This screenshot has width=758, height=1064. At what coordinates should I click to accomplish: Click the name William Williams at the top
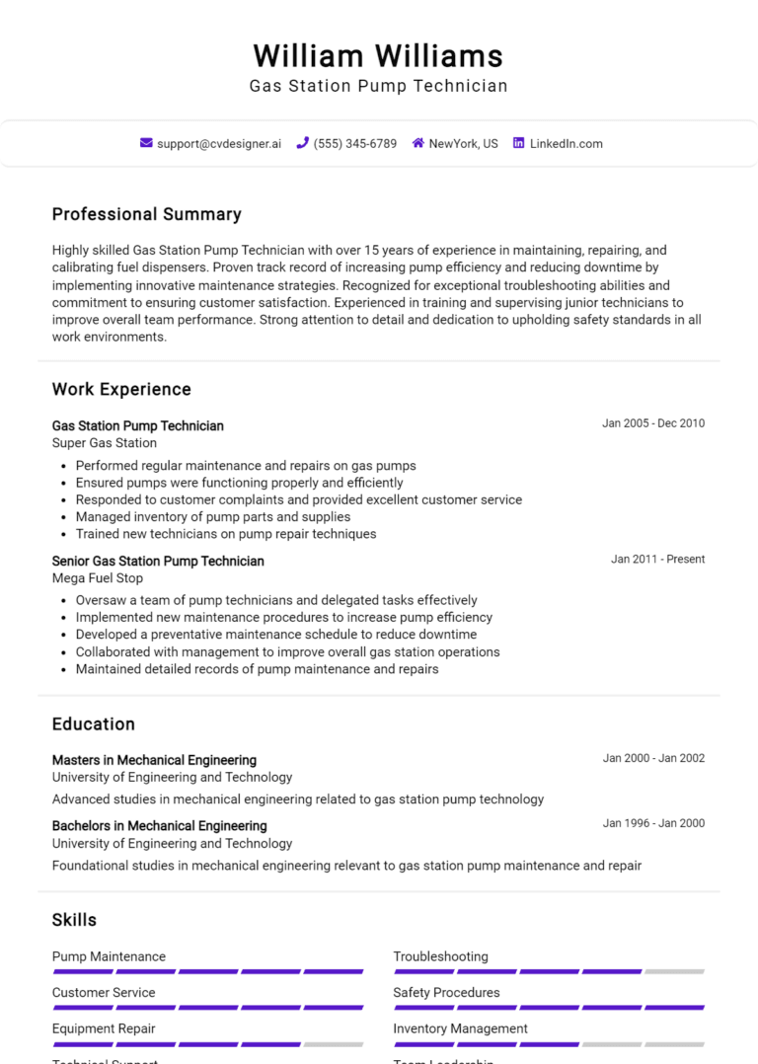click(x=378, y=55)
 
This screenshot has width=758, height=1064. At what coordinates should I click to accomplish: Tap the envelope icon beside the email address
click(x=146, y=143)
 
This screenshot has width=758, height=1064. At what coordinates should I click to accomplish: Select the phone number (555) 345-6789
click(x=354, y=143)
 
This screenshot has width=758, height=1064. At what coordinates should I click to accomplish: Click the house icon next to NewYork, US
click(x=418, y=143)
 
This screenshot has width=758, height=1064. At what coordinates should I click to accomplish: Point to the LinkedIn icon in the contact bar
click(x=518, y=143)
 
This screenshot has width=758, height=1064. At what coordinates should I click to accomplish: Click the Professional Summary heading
click(x=146, y=214)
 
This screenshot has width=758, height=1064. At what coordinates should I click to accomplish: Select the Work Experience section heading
click(x=121, y=389)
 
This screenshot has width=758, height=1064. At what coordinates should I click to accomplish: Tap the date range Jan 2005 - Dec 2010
click(x=653, y=423)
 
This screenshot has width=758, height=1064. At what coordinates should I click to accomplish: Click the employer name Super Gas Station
click(x=105, y=443)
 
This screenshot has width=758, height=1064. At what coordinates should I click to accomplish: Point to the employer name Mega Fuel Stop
click(x=98, y=578)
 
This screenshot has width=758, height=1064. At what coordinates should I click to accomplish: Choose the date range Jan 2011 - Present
click(x=657, y=559)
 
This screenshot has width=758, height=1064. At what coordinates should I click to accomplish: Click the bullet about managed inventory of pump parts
click(x=213, y=516)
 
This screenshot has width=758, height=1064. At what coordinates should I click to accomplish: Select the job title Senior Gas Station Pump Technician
click(x=158, y=561)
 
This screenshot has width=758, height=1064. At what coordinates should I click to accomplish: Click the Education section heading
click(x=94, y=723)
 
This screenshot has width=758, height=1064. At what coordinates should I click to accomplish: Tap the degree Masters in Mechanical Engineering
click(x=154, y=760)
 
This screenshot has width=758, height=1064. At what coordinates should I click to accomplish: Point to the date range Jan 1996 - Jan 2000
click(x=653, y=823)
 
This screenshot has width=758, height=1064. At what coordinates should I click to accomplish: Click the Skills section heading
click(x=74, y=920)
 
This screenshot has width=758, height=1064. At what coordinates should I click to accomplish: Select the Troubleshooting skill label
click(x=440, y=956)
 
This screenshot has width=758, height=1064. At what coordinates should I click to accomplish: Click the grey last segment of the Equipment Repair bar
click(x=334, y=1043)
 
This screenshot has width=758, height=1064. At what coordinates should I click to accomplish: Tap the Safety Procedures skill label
click(x=446, y=993)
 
